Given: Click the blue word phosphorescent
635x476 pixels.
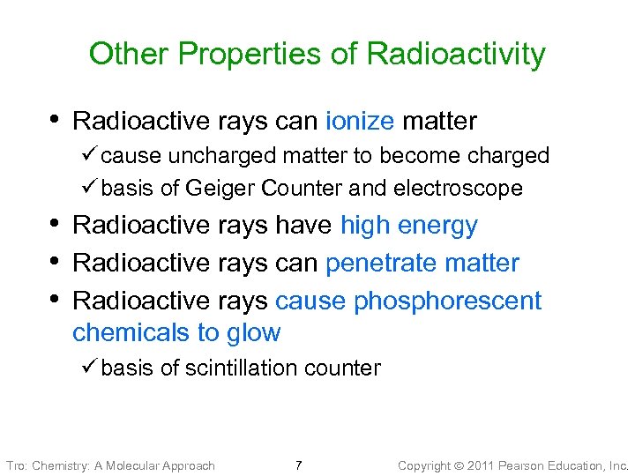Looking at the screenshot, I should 447,301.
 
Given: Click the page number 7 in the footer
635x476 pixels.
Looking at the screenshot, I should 299,465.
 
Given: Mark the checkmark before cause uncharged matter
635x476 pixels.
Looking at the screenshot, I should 90,156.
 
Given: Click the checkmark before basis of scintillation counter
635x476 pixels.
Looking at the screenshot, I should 90,368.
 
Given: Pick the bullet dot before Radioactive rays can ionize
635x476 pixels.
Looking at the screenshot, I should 55,118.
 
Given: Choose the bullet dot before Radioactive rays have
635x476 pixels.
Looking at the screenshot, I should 55,223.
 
